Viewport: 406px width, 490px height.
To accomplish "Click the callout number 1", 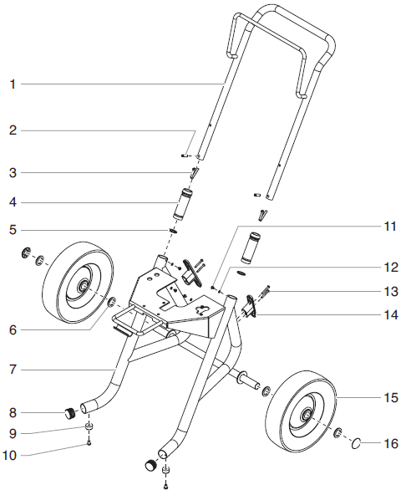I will (13, 84).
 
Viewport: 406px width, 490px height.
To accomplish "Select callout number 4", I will (13, 202).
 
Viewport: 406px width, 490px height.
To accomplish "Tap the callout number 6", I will (13, 329).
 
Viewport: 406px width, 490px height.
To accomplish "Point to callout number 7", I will (13, 369).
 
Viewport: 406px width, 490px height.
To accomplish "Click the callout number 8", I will (13, 411).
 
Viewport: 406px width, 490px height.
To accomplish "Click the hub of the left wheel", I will (84, 287).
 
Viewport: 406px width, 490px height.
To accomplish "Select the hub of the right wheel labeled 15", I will (303, 416).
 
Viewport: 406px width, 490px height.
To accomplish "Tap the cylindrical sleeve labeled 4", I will (181, 203).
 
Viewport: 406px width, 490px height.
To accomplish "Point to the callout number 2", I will (13, 130).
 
